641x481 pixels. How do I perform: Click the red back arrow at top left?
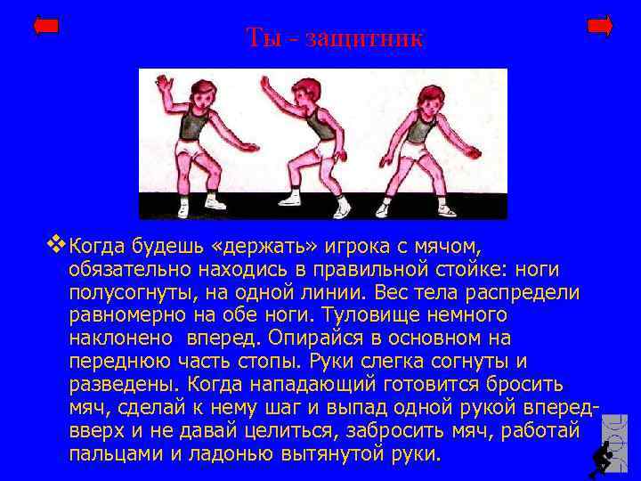pos(45,26)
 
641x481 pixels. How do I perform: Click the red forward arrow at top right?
pos(600,26)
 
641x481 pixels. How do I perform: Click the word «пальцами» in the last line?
pos(110,453)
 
